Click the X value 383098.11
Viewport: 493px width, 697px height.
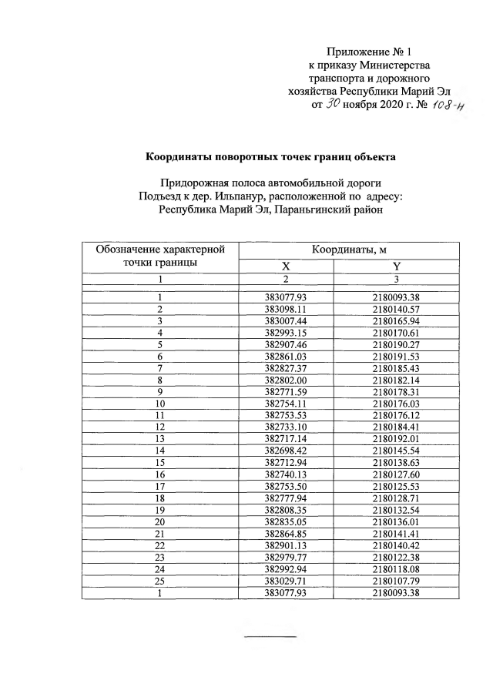coord(286,308)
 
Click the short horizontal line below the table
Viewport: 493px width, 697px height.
coord(270,636)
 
